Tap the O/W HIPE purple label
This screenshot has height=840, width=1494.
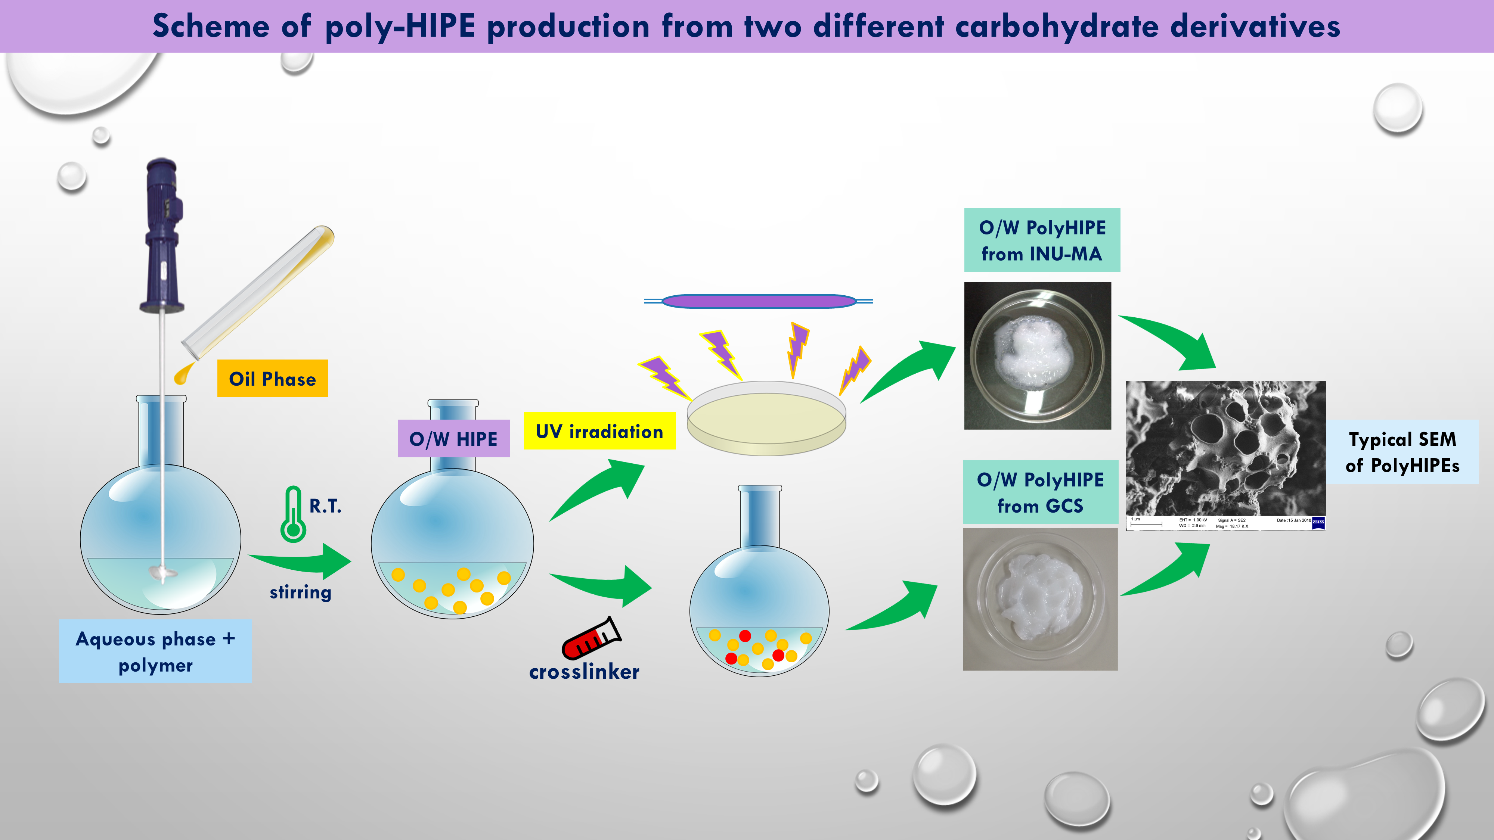tap(453, 439)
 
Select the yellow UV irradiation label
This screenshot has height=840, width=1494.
tap(599, 431)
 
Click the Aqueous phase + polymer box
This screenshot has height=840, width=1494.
tap(155, 651)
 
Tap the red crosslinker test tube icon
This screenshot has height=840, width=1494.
tap(591, 639)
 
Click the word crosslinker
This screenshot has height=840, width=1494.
tap(584, 671)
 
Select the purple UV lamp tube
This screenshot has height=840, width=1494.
tap(759, 301)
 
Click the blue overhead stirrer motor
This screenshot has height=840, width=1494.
tap(163, 232)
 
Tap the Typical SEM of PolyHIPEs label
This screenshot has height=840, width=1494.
tap(1402, 452)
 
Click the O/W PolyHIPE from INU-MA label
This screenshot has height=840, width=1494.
tap(1042, 240)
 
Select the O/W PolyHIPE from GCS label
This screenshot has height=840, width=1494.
tap(1040, 492)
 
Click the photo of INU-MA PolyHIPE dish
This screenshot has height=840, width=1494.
tap(1037, 355)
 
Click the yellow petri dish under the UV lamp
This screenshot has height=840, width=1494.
tap(766, 419)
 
